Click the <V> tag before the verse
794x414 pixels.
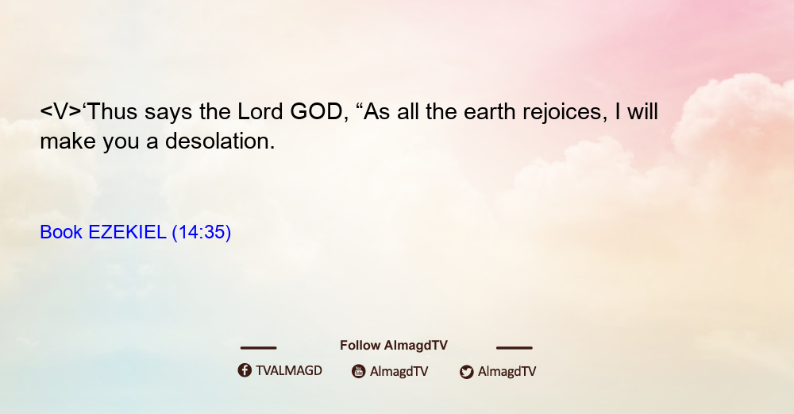pos(61,112)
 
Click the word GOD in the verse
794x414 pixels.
pos(316,112)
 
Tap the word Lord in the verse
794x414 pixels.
pos(260,112)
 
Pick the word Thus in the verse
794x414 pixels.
pos(112,112)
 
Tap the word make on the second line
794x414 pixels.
pos(67,141)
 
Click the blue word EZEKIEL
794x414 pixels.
pos(127,232)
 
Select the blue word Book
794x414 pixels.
pos(61,232)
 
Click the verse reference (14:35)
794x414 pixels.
pos(202,233)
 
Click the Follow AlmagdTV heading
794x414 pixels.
pos(394,346)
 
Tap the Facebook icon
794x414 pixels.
pos(245,370)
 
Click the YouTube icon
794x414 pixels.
pos(359,371)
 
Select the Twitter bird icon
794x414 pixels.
pos(466,372)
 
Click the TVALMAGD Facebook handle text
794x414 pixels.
pos(289,371)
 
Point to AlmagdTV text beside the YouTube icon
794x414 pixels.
pos(399,372)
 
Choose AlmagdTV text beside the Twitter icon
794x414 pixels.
pos(507,372)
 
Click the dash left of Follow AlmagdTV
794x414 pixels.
pos(258,348)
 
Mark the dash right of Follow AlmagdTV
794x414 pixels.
pos(515,348)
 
